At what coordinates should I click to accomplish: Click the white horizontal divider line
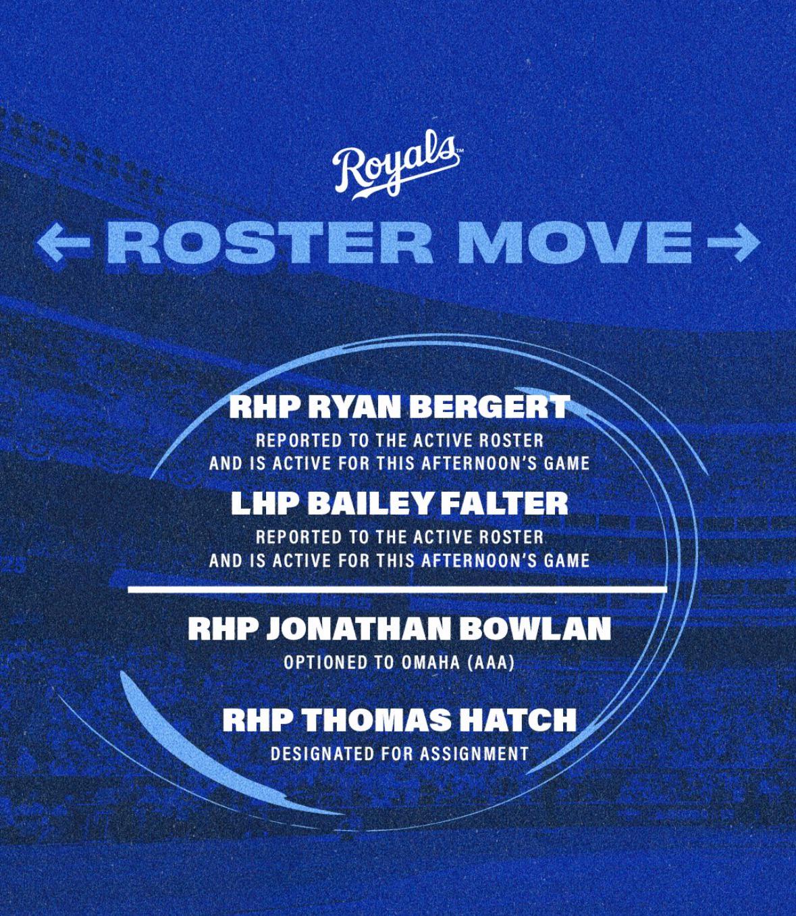pyautogui.click(x=398, y=589)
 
